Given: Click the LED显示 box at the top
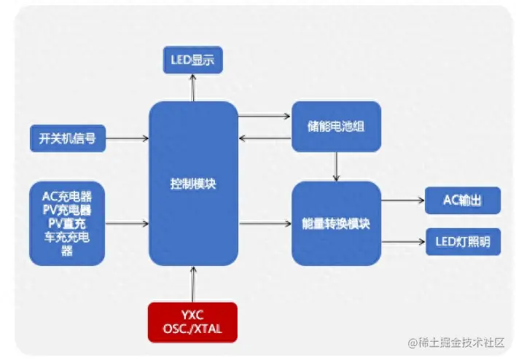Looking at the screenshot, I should click(192, 60).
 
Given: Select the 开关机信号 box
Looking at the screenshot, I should click(68, 137).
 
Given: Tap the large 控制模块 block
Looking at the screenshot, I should click(193, 184).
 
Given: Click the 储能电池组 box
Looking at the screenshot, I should click(336, 126).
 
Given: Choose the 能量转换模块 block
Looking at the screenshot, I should click(336, 223).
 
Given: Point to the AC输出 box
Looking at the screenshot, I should click(463, 200).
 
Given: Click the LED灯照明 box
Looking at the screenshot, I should click(463, 242).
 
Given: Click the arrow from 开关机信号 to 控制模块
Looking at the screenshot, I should click(128, 137).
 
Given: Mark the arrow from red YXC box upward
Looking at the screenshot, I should click(193, 283).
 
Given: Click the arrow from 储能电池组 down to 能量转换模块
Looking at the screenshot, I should click(336, 166).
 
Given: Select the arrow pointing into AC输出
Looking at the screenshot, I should click(403, 200).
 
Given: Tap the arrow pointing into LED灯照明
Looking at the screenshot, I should click(403, 242).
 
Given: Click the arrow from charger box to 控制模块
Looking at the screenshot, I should click(127, 223).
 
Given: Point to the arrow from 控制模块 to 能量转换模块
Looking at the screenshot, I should click(265, 223).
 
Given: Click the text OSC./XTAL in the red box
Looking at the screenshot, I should click(192, 329).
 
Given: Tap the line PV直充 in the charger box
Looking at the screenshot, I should click(67, 222).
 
